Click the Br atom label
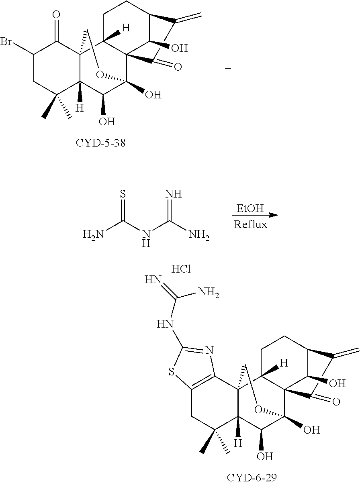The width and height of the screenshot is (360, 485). (x=6, y=42)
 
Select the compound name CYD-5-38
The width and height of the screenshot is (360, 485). (x=100, y=143)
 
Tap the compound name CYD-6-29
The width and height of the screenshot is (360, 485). (x=252, y=477)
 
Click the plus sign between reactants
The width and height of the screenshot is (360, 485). (x=228, y=69)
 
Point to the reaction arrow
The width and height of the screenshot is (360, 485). (x=256, y=215)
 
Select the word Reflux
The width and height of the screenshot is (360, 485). (x=251, y=224)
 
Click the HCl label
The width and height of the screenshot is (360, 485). (x=181, y=269)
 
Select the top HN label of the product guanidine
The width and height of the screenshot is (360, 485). (x=156, y=280)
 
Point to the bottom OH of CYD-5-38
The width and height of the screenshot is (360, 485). (x=107, y=121)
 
